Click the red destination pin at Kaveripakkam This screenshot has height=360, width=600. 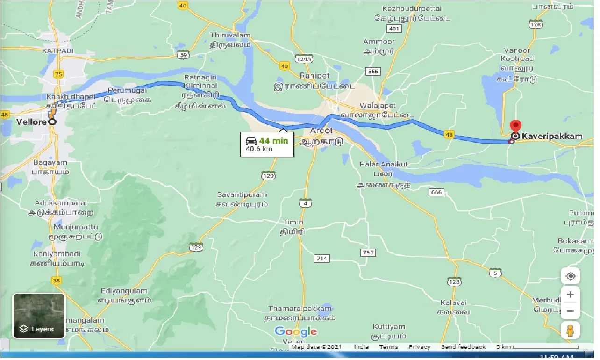click(515, 127)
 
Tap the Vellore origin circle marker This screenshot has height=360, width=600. click(51, 122)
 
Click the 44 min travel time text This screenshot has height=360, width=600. click(274, 140)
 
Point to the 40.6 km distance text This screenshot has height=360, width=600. click(260, 150)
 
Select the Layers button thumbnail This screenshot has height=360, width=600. click(39, 316)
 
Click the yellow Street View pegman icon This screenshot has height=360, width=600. click(570, 331)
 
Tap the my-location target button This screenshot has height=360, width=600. click(570, 276)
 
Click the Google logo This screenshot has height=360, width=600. click(296, 332)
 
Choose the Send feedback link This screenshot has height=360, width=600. click(463, 347)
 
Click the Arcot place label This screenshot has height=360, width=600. click(321, 130)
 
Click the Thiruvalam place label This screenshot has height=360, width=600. click(230, 36)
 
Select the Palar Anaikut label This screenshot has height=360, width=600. click(384, 164)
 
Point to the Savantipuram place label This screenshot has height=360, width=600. click(242, 194)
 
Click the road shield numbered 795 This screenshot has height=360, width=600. click(368, 252)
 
